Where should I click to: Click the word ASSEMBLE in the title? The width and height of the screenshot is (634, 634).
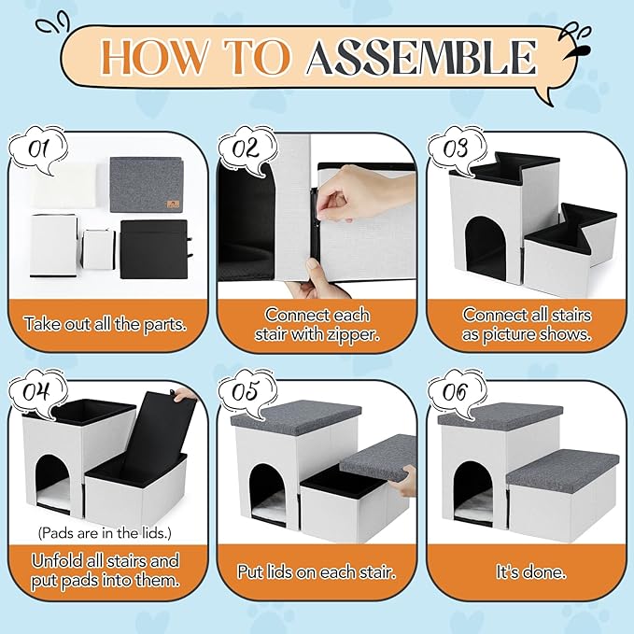(x=422, y=58)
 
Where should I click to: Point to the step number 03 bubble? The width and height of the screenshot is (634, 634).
(x=454, y=148)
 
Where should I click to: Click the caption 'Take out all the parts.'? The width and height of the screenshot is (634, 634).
(x=105, y=324)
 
